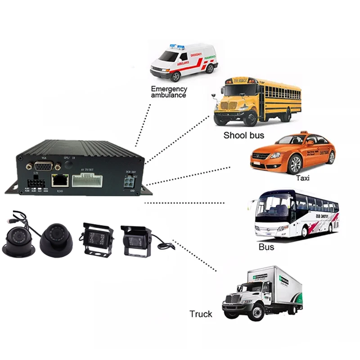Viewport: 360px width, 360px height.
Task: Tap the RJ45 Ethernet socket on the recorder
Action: (x=58, y=180)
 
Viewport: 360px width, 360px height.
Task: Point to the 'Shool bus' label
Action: (x=243, y=135)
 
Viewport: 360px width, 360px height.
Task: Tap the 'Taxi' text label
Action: (x=303, y=178)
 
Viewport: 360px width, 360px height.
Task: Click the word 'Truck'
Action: (x=201, y=314)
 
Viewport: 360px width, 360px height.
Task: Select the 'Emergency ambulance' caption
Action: (x=169, y=92)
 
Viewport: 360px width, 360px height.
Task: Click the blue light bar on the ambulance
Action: (x=177, y=47)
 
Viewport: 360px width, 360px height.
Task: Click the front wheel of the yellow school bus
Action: (x=251, y=118)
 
